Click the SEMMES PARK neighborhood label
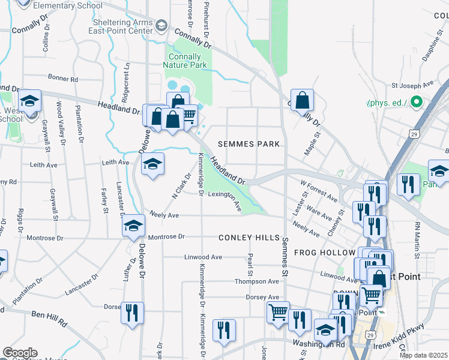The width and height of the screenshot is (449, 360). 249,144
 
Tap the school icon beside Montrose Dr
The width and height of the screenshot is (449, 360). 133,226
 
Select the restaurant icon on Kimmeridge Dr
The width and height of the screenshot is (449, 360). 224,329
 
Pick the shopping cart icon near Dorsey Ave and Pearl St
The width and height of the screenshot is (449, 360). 278,312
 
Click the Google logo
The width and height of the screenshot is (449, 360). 20,353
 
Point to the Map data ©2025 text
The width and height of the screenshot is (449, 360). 423,355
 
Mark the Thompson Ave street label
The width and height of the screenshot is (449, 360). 256,281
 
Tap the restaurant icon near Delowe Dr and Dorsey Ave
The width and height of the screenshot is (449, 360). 133,313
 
